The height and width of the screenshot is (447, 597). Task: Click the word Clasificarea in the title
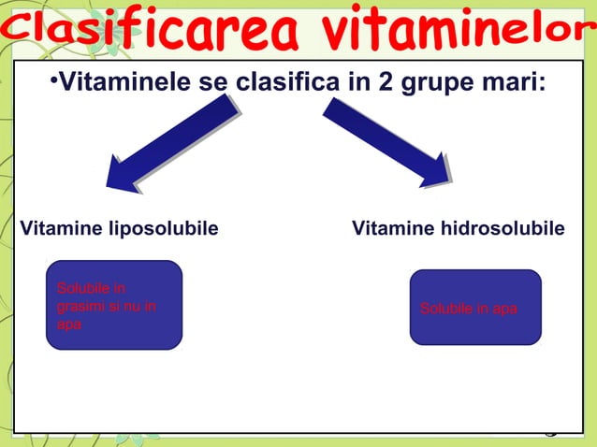pos(154,36)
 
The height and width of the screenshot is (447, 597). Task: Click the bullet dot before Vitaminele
pos(54,83)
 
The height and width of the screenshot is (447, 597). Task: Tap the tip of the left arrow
pos(111,185)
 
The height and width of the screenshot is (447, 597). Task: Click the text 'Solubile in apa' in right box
pos(468,309)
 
